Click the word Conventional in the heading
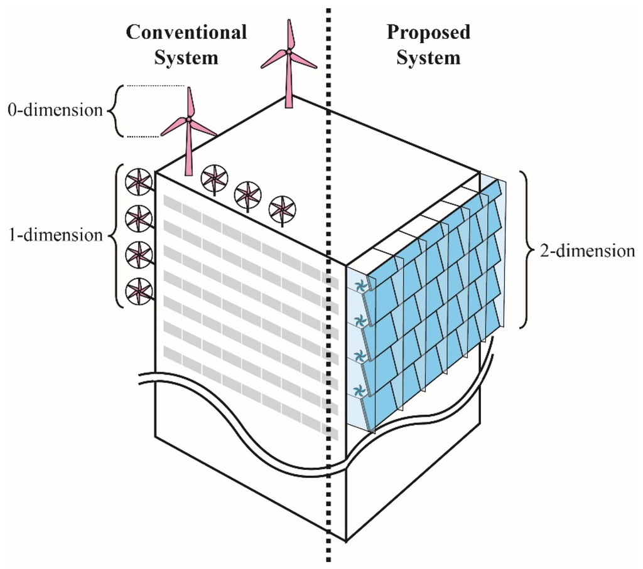pyautogui.click(x=186, y=33)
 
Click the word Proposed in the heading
pyautogui.click(x=428, y=33)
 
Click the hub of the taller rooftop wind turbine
pyautogui.click(x=289, y=52)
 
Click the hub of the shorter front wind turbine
pyautogui.click(x=188, y=119)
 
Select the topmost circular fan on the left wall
pyautogui.click(x=138, y=183)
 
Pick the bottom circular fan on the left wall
pyautogui.click(x=138, y=291)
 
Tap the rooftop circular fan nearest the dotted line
pyautogui.click(x=281, y=209)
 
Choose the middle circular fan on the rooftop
pyautogui.click(x=247, y=194)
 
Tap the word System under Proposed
pyautogui.click(x=428, y=58)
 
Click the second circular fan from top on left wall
pyautogui.click(x=138, y=218)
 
